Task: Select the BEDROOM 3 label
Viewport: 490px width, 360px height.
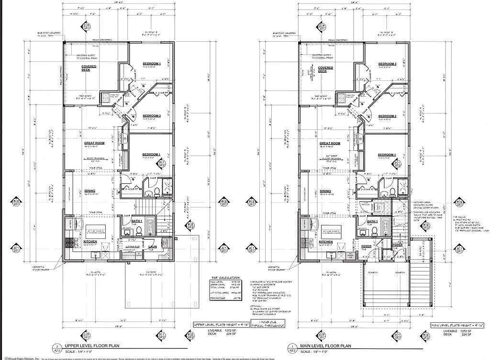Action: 387,64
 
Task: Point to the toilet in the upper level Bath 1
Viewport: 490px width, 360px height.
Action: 139,231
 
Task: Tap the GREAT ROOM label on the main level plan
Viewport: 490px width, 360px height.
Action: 330,144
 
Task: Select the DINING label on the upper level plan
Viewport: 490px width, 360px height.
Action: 90,191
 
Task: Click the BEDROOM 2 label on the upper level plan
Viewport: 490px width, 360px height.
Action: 152,116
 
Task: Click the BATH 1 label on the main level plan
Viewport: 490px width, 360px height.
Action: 373,222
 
